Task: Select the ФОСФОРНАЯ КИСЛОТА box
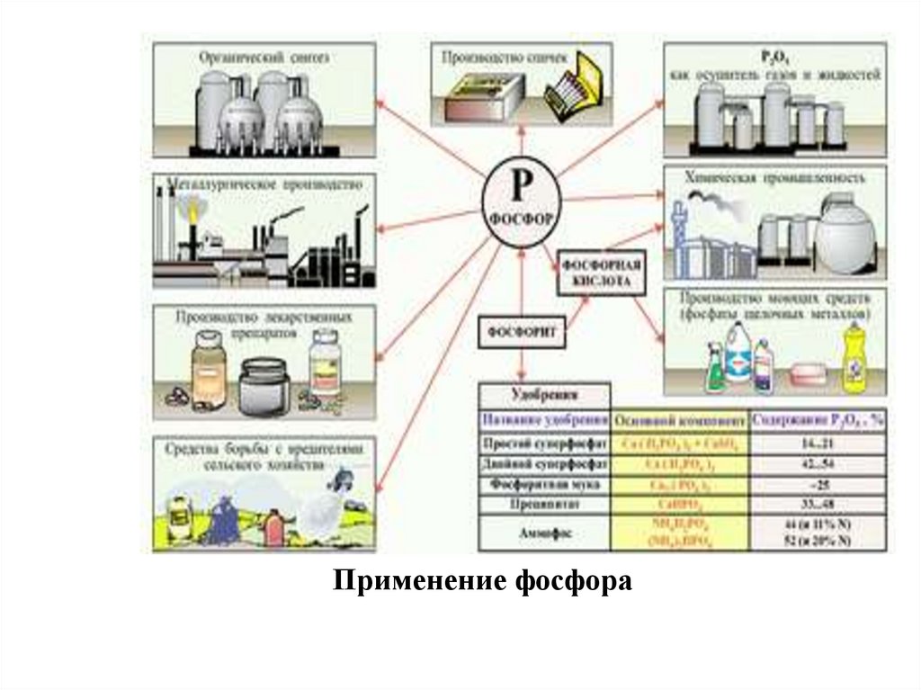[x=602, y=273]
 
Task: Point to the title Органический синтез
[x=264, y=57]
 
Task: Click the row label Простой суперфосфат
[x=545, y=444]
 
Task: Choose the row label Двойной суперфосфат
[x=545, y=464]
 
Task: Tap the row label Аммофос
[x=545, y=532]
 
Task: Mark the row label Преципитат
[x=545, y=504]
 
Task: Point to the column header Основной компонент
[x=679, y=419]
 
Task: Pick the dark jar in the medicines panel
[x=264, y=386]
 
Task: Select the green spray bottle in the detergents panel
[x=717, y=370]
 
